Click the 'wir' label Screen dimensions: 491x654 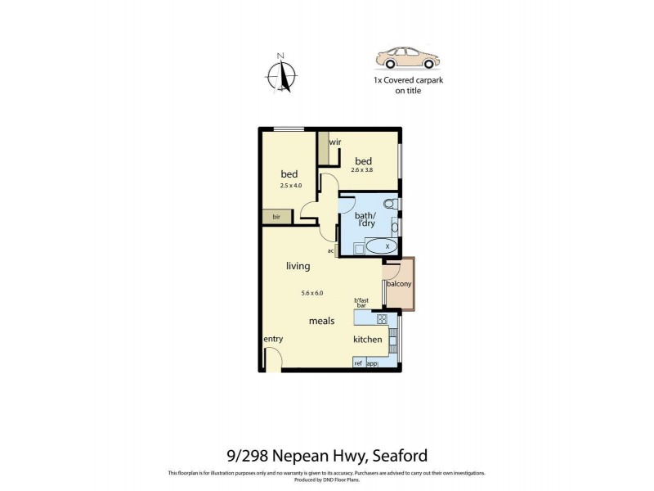pyautogui.click(x=335, y=142)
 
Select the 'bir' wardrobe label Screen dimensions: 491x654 pyautogui.click(x=277, y=217)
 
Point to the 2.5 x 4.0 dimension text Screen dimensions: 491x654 pyautogui.click(x=289, y=186)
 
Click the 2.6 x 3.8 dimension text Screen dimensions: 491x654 pyautogui.click(x=362, y=170)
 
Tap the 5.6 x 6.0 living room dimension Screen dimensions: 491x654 pyautogui.click(x=312, y=293)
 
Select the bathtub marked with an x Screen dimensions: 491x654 pyautogui.click(x=381, y=245)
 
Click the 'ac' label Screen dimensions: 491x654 pyautogui.click(x=330, y=250)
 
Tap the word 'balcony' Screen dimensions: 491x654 pyautogui.click(x=399, y=284)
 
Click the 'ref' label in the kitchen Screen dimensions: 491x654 pyautogui.click(x=358, y=363)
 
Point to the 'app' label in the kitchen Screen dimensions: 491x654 pyautogui.click(x=372, y=363)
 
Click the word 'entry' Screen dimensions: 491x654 pyautogui.click(x=273, y=339)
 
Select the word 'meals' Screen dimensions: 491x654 pyautogui.click(x=321, y=321)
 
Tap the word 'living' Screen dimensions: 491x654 pyautogui.click(x=298, y=266)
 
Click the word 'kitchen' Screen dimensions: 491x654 pyautogui.click(x=368, y=340)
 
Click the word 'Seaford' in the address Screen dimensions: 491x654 pyautogui.click(x=401, y=456)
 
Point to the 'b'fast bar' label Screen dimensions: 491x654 pyautogui.click(x=361, y=303)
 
